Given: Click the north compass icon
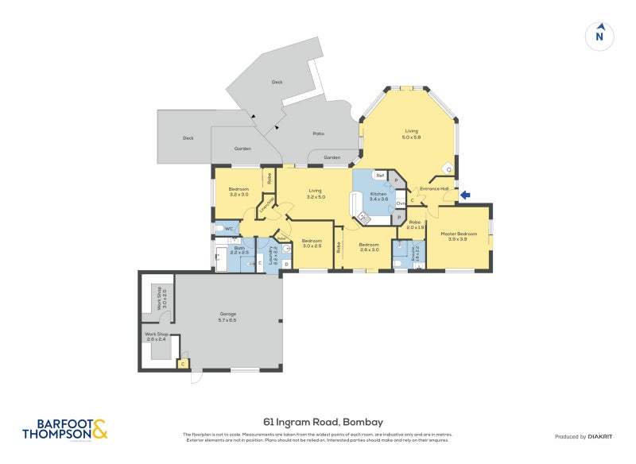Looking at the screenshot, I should (x=600, y=36).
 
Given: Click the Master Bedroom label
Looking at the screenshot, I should (x=459, y=236).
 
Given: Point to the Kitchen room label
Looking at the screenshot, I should (x=378, y=196).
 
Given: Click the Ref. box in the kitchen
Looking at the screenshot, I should (x=380, y=176).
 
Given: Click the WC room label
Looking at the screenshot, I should (x=228, y=229).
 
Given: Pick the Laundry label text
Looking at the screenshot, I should (x=272, y=254).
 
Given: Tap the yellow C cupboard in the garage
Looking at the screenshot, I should (x=183, y=364).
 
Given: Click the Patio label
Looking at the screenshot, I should (x=318, y=133).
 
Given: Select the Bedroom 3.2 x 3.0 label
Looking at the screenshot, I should (x=238, y=191).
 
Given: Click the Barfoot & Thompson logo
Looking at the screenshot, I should (x=65, y=430).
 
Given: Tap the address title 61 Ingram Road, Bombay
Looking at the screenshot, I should (x=317, y=422).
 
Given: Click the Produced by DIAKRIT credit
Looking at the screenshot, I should (x=582, y=437).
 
